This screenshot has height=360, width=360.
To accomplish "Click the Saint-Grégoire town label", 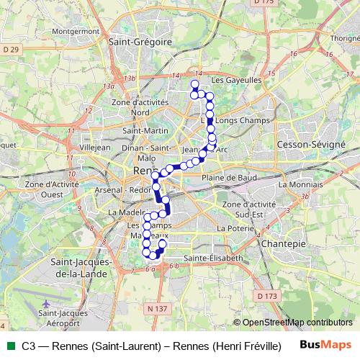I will coord(140,42).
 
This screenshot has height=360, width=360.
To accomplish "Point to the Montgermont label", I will coord(75,32).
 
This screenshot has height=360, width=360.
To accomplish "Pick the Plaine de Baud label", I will coord(229,177).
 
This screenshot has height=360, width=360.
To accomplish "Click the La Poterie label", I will coord(232,228).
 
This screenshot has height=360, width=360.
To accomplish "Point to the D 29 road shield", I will coord(11,48).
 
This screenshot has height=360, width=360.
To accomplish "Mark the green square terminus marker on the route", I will coord(194,84).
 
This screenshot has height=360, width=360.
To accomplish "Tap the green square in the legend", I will coord(9,345).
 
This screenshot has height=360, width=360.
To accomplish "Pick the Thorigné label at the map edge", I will coord(344,38).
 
